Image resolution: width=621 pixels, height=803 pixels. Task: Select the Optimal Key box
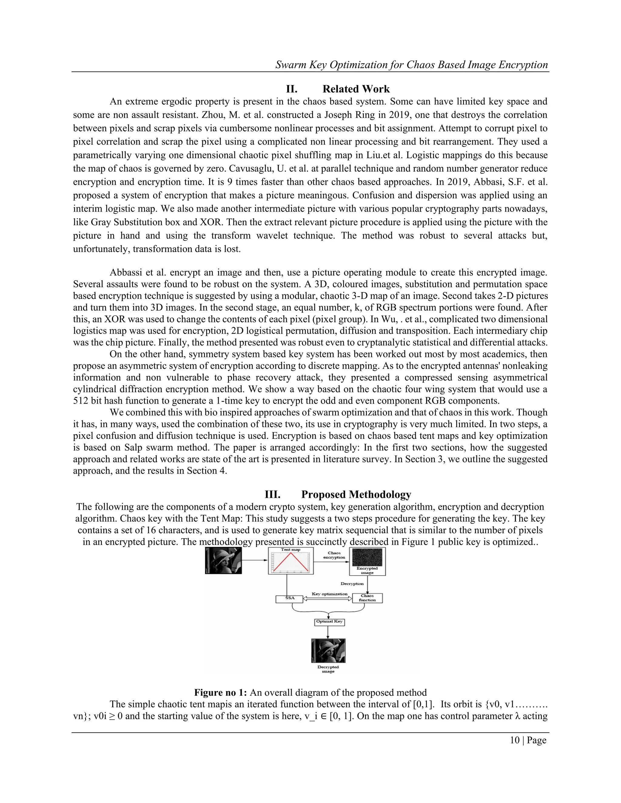click(x=330, y=622)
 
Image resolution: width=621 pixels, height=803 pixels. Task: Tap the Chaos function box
click(x=367, y=598)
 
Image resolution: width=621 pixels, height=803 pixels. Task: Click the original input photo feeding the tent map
click(x=223, y=560)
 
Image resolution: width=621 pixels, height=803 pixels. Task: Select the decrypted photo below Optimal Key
click(x=328, y=650)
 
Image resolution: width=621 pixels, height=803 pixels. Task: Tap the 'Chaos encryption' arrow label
click(x=334, y=555)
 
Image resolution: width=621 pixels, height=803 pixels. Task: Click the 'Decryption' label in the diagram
click(x=352, y=584)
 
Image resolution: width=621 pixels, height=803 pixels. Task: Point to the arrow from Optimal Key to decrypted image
click(x=328, y=632)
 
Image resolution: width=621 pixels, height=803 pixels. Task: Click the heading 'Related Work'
click(x=356, y=89)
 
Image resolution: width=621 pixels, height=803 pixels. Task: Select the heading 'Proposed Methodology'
click(x=356, y=494)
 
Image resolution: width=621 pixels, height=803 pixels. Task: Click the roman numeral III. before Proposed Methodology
click(x=272, y=494)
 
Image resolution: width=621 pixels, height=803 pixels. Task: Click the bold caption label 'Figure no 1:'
click(x=220, y=693)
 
